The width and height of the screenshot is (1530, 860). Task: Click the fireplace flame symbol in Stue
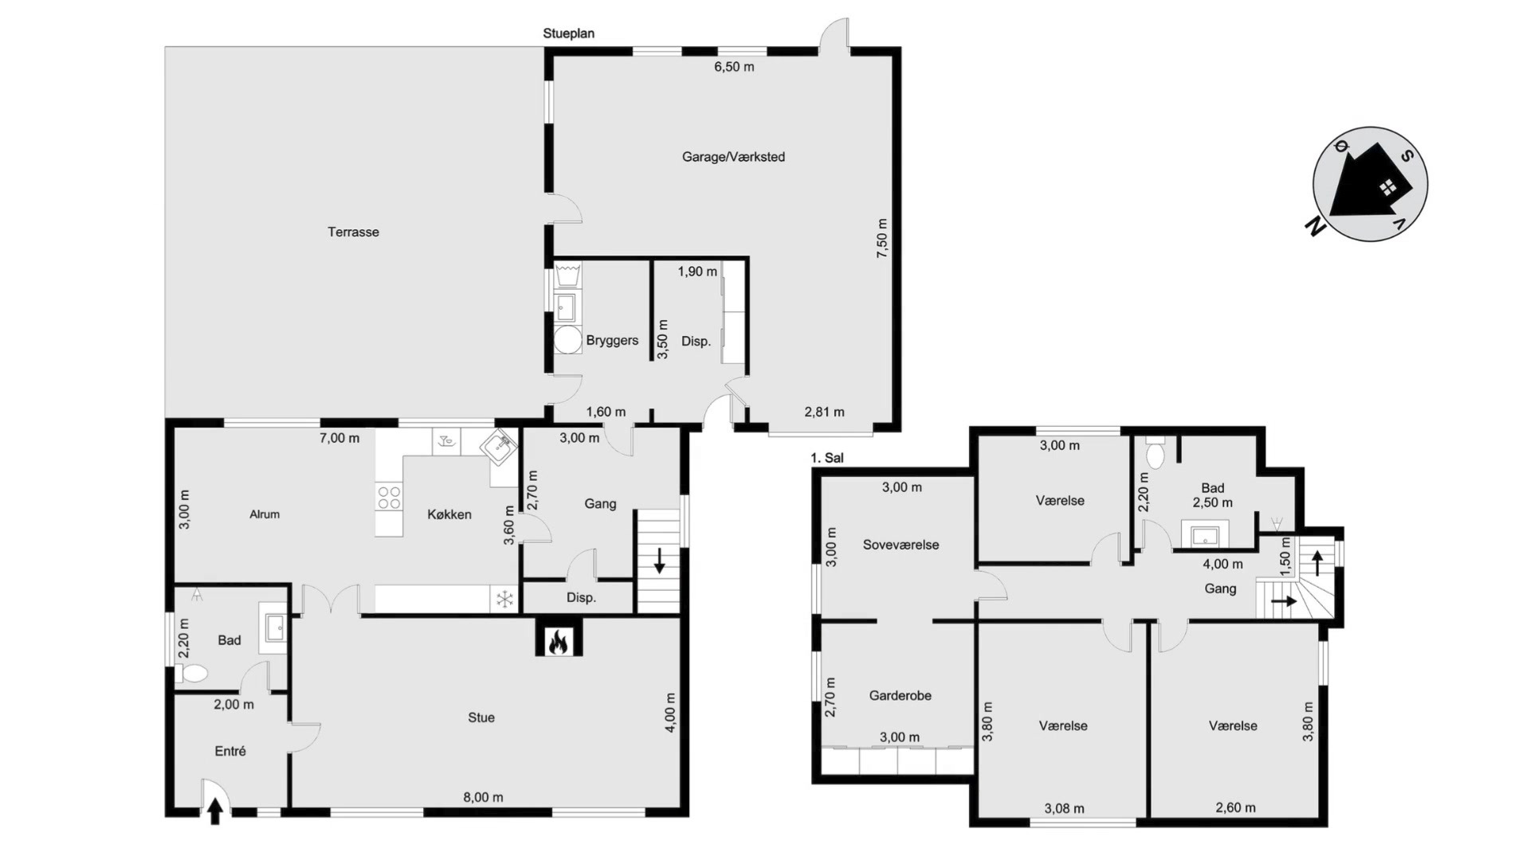pyautogui.click(x=559, y=640)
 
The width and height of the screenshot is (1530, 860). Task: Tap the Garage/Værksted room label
pyautogui.click(x=733, y=157)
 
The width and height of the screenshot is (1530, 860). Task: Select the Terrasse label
pyautogui.click(x=353, y=232)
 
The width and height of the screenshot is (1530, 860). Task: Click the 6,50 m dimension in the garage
pyautogui.click(x=734, y=67)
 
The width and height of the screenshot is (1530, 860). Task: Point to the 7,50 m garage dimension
pyautogui.click(x=882, y=238)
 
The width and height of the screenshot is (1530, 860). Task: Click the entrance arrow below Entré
pyautogui.click(x=214, y=811)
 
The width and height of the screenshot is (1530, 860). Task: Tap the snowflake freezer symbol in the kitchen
pyautogui.click(x=504, y=599)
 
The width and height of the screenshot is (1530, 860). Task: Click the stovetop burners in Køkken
pyautogui.click(x=389, y=498)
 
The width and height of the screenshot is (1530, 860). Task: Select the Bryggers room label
pyautogui.click(x=612, y=340)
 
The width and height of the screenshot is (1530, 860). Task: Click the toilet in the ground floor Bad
pyautogui.click(x=191, y=674)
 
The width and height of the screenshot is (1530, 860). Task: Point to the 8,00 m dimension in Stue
pyautogui.click(x=483, y=797)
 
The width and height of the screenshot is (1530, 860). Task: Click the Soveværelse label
pyautogui.click(x=900, y=545)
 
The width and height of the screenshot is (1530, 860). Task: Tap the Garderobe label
pyautogui.click(x=900, y=695)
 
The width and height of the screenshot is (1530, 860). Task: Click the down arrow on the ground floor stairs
pyautogui.click(x=660, y=561)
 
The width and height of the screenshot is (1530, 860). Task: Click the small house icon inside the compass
pyautogui.click(x=1388, y=188)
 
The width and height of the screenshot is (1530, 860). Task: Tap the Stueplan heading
pyautogui.click(x=568, y=33)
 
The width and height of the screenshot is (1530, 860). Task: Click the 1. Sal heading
pyautogui.click(x=826, y=458)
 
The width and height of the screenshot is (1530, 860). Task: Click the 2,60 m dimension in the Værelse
pyautogui.click(x=1235, y=807)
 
